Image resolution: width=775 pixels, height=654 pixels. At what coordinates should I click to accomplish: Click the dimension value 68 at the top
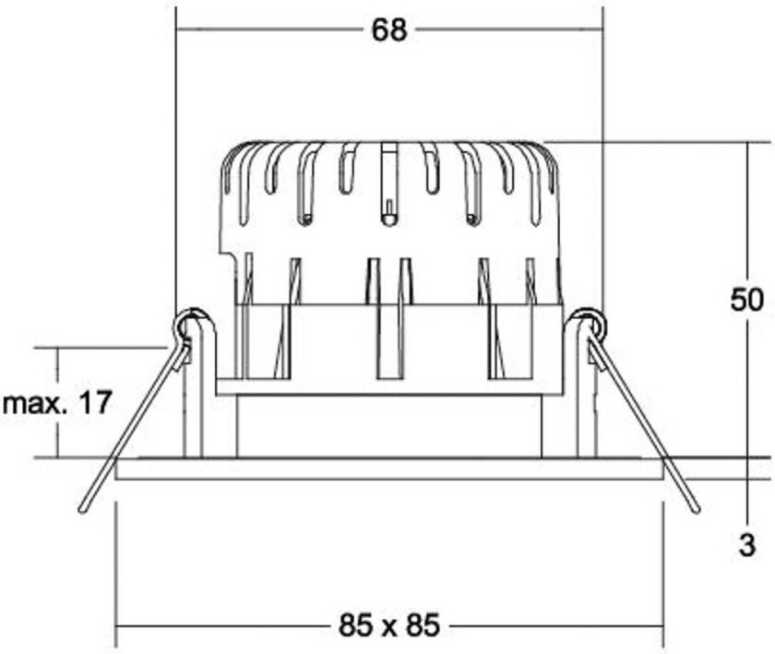click(388, 30)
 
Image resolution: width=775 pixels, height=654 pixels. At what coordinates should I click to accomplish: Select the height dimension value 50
click(746, 300)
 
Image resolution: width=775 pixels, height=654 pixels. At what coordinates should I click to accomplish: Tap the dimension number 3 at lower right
click(747, 546)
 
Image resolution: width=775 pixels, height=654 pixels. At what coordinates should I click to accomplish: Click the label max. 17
click(57, 402)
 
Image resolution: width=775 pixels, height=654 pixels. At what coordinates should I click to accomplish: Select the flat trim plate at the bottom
click(388, 469)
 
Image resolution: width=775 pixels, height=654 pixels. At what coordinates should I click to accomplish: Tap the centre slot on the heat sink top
click(389, 184)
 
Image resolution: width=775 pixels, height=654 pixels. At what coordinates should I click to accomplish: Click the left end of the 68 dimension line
click(177, 30)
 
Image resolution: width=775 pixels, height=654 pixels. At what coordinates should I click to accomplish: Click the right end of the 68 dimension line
click(602, 30)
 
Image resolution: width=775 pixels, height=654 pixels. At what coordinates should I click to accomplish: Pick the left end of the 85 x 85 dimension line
click(116, 627)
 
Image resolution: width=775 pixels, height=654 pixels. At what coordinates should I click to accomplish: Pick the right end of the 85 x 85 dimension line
click(662, 627)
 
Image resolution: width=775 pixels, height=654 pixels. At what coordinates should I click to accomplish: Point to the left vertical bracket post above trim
click(193, 406)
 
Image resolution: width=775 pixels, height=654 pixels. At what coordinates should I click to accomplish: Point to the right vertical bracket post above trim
click(585, 406)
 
